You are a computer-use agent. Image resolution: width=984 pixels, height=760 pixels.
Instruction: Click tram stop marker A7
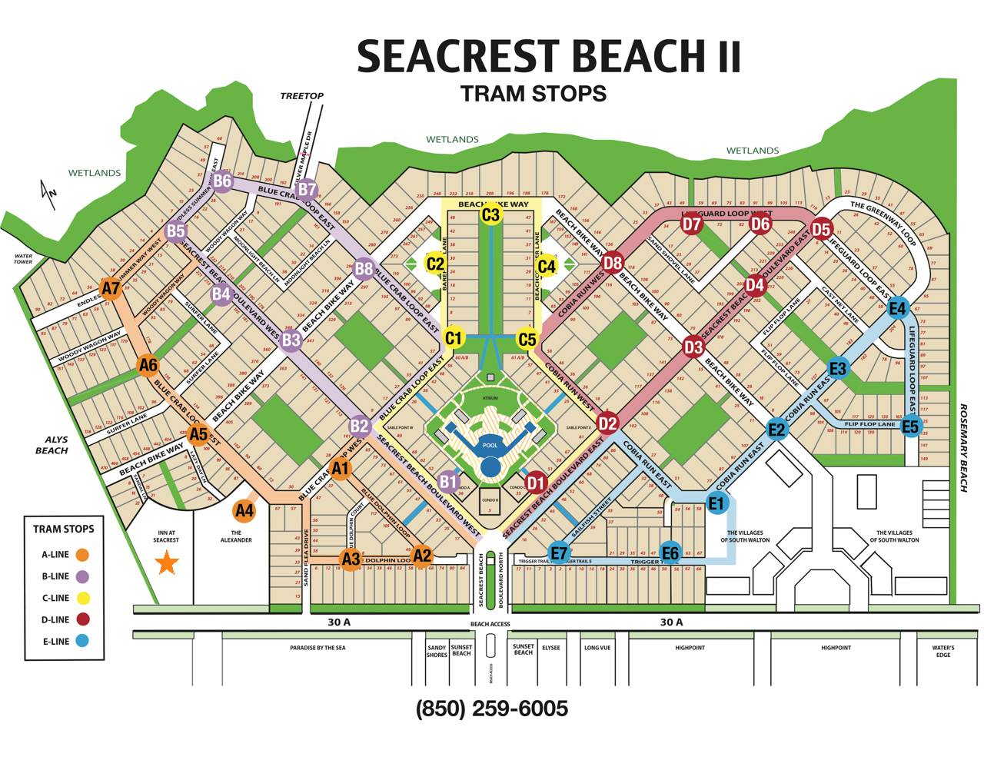111,289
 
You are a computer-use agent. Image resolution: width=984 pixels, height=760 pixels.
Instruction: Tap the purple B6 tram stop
222,181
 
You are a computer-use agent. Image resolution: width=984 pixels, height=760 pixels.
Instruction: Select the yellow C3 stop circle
490,214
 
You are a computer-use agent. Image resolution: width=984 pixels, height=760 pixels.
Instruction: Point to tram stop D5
821,229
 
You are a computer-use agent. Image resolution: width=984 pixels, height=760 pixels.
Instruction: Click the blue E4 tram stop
897,309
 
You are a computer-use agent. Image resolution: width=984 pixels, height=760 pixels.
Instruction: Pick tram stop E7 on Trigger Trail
559,553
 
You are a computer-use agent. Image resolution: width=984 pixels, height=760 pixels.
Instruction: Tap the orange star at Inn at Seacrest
166,563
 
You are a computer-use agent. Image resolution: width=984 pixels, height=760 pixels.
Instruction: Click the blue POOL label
490,446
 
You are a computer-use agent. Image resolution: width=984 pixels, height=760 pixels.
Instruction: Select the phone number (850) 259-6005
492,708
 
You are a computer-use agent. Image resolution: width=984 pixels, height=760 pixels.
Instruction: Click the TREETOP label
301,96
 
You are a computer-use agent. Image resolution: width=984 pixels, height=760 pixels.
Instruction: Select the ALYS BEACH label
52,445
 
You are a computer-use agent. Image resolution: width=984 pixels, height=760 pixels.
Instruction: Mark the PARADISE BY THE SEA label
317,648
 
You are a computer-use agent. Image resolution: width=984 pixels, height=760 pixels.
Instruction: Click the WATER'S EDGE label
943,651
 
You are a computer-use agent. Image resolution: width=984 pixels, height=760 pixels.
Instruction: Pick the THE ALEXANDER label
236,536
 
